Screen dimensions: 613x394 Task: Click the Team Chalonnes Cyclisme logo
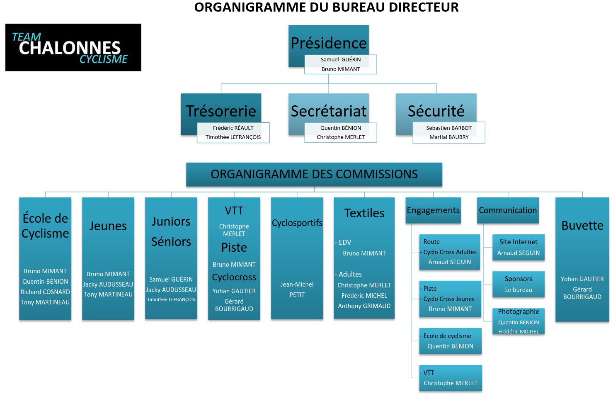[x=73, y=47]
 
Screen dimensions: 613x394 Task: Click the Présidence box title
[x=328, y=43]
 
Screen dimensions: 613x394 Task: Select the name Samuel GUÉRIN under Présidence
[x=341, y=59]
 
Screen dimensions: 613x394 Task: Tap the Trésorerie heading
[x=221, y=111]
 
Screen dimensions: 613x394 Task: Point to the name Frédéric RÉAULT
[x=233, y=128]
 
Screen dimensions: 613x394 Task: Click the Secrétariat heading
[x=328, y=111]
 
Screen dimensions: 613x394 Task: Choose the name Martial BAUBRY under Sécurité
[x=449, y=137]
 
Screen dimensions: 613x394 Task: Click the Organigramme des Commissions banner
[x=314, y=175]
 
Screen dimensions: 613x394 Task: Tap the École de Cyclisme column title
[x=45, y=226]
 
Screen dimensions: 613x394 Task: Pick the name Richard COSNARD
[x=45, y=292]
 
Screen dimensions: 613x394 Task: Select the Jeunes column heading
[x=108, y=226]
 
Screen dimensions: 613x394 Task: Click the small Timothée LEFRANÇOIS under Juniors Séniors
[x=171, y=299]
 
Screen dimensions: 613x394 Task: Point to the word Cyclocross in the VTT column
[x=234, y=277]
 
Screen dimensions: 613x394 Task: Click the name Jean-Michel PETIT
[x=297, y=289]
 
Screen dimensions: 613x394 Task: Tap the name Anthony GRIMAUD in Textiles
[x=364, y=306]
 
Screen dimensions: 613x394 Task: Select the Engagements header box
[x=433, y=210]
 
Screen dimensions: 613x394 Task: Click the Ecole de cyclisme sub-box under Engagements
[x=451, y=341]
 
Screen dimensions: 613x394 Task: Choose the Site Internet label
[x=519, y=242]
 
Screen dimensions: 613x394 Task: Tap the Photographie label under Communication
[x=519, y=311]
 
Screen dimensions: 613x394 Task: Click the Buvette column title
[x=582, y=226]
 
